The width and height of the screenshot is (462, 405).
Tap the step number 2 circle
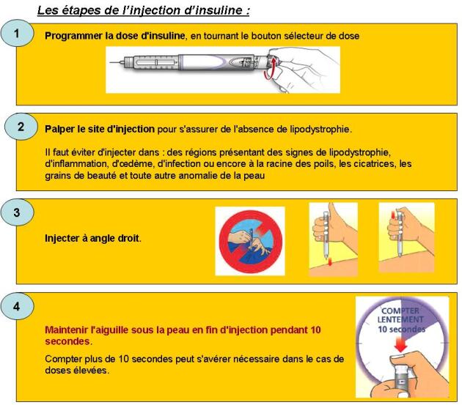tap(21, 126)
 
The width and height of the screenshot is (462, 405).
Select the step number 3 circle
tap(18, 213)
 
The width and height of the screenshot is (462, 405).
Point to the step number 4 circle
tap(18, 306)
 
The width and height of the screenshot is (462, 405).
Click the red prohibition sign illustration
tap(251, 240)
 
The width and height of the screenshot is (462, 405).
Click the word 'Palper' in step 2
tap(59, 129)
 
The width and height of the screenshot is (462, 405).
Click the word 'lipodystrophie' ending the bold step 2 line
tap(323, 129)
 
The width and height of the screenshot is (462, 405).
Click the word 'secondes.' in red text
tap(67, 341)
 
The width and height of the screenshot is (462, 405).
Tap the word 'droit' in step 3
tap(128, 239)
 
